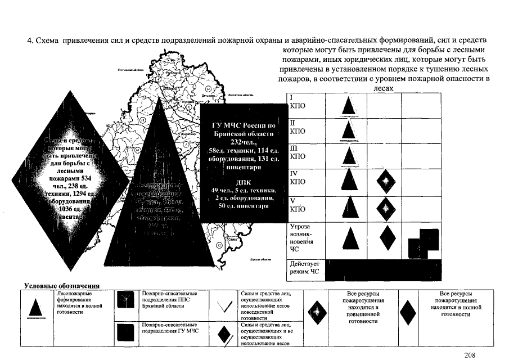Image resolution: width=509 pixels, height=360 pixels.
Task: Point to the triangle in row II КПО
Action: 349,129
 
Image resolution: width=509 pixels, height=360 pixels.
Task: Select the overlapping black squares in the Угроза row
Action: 423,242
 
